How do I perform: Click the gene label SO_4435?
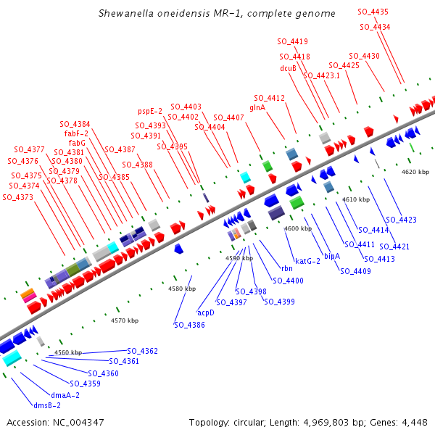[373, 12]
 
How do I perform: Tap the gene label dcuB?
[288, 68]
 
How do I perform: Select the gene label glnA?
[257, 107]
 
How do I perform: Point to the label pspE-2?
[150, 112]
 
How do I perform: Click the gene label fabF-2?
[76, 133]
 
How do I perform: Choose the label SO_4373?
[22, 197]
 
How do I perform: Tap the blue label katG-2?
[307, 260]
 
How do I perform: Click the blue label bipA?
[332, 255]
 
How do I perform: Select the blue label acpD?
[206, 312]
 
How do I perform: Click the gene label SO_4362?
[143, 351]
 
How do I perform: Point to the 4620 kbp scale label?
[415, 172]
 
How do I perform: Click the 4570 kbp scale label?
[125, 320]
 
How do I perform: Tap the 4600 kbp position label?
[298, 228]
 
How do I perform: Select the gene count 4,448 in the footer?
[414, 422]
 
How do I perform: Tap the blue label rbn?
[277, 269]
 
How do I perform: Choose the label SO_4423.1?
[322, 75]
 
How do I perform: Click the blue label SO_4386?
[189, 325]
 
